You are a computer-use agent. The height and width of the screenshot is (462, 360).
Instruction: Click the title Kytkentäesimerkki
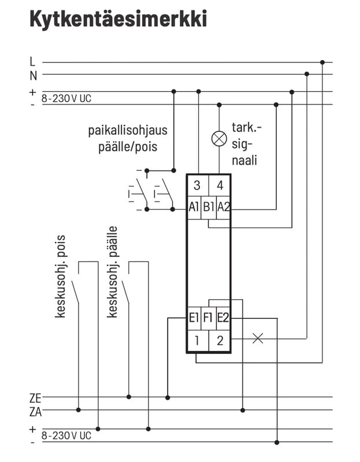[x=118, y=19]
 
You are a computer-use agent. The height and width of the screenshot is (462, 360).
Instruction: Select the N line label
[x=33, y=74]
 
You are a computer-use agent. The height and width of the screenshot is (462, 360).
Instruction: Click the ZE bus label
[x=35, y=397]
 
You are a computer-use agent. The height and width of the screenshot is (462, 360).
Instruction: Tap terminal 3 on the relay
[x=197, y=185]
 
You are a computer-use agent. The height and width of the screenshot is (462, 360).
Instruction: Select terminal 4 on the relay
[x=220, y=185]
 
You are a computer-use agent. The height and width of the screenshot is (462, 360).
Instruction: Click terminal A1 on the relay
[x=194, y=207]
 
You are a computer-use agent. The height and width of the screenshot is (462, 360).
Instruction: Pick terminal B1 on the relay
[x=209, y=207]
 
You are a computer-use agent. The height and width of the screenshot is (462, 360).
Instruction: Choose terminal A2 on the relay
[x=224, y=207]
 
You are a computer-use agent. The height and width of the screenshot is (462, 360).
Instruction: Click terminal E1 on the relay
[x=194, y=317]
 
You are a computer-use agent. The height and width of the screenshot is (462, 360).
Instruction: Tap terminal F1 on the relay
[x=209, y=317]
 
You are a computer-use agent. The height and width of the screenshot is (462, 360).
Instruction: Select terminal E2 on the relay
[x=224, y=317]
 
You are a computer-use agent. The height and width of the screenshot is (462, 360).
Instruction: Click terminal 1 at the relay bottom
[x=197, y=340]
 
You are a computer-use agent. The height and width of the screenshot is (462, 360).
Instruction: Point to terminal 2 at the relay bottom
[x=220, y=340]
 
